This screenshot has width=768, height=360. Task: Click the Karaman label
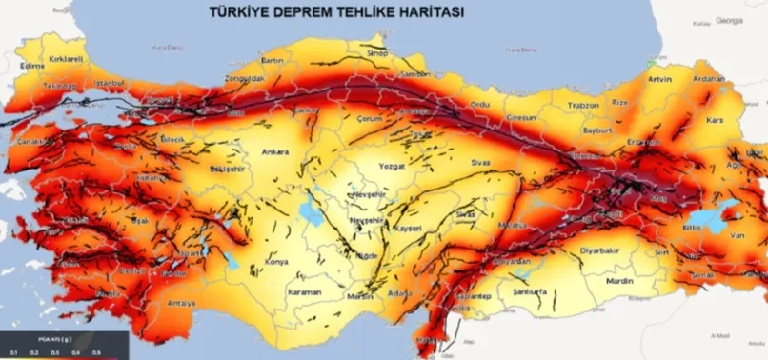tap(304, 292)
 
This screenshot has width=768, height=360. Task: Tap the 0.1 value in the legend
tap(13, 352)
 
